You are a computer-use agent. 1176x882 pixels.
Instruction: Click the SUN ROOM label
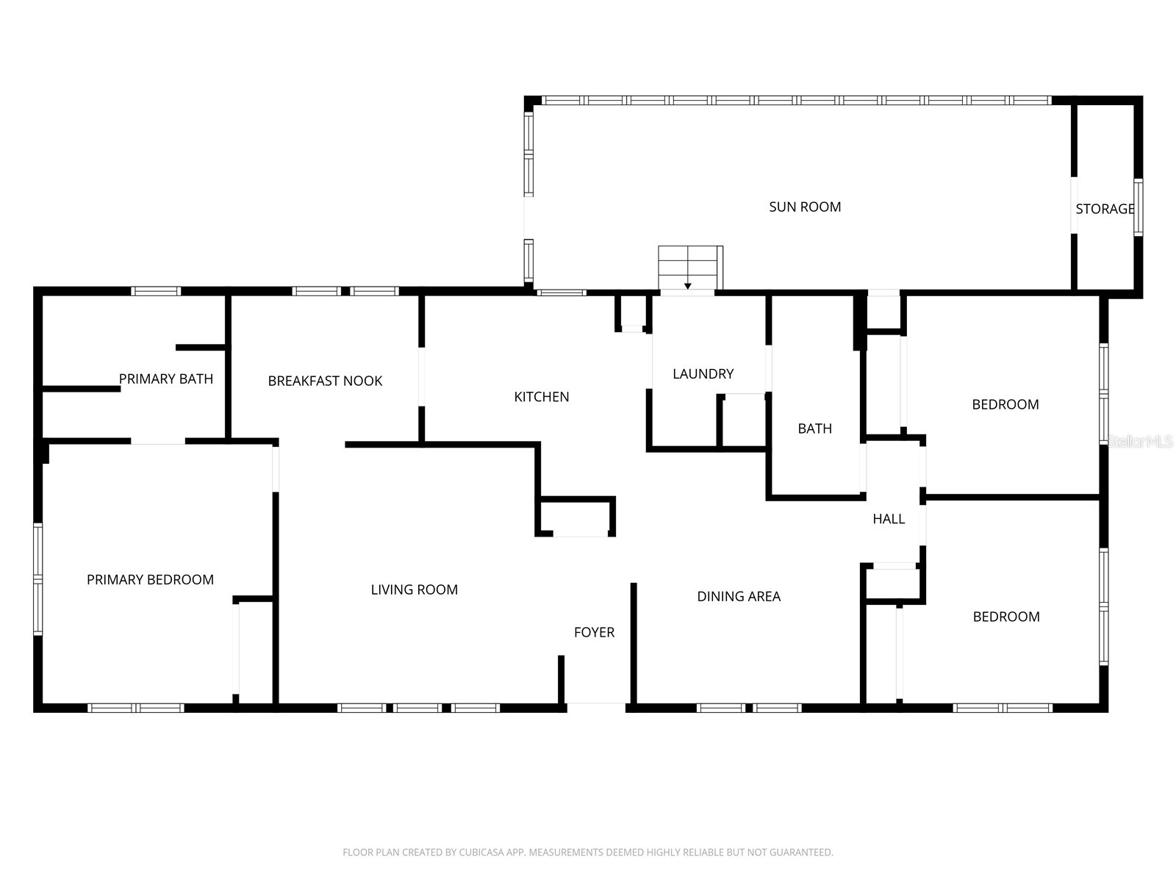pyautogui.click(x=805, y=207)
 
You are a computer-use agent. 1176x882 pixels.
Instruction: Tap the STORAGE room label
pyautogui.click(x=1104, y=209)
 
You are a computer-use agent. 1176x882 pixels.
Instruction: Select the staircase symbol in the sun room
pyautogui.click(x=689, y=268)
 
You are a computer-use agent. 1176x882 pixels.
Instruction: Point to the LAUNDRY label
pyautogui.click(x=703, y=374)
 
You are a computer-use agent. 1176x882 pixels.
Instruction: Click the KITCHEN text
pyautogui.click(x=541, y=397)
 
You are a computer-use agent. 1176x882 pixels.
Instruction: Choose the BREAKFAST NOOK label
pyautogui.click(x=325, y=381)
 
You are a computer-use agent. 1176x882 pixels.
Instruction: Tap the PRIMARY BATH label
pyautogui.click(x=166, y=379)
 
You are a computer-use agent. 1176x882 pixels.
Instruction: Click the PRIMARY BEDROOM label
pyautogui.click(x=150, y=580)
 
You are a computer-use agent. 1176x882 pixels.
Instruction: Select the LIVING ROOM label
pyautogui.click(x=414, y=589)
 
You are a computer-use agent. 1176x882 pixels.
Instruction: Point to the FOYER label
pyautogui.click(x=594, y=632)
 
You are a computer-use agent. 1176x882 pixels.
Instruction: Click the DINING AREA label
pyautogui.click(x=739, y=597)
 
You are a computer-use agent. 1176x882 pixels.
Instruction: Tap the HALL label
pyautogui.click(x=888, y=519)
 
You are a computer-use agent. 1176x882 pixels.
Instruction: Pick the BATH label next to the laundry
pyautogui.click(x=814, y=429)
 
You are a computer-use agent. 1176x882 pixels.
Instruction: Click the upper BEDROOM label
pyautogui.click(x=1005, y=404)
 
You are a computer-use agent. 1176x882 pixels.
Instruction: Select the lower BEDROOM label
pyautogui.click(x=1005, y=617)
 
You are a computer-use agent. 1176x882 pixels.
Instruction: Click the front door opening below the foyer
pyautogui.click(x=596, y=708)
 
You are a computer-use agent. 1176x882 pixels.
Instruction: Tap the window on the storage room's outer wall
pyautogui.click(x=1138, y=207)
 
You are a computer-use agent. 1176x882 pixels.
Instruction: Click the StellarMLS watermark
pyautogui.click(x=1141, y=442)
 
